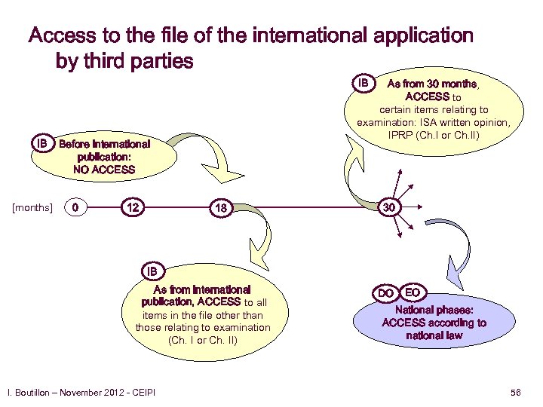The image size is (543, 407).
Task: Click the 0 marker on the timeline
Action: tap(73, 207)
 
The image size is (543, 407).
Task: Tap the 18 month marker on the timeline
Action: tap(221, 207)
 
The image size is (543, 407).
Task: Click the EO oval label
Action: tap(413, 291)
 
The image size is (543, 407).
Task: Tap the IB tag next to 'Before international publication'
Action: tap(43, 143)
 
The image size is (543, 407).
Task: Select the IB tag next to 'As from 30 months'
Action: tap(364, 82)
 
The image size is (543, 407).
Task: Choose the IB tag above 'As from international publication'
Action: tap(152, 271)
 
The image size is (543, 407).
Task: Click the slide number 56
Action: tap(516, 393)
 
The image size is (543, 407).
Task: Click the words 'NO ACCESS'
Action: tap(104, 170)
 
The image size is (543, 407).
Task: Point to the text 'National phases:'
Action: tap(434, 310)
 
